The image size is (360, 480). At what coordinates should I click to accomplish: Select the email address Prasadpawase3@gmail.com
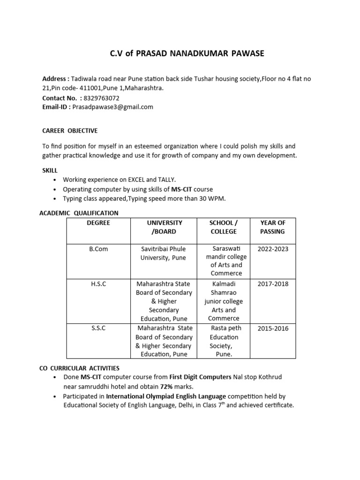pyautogui.click(x=113, y=107)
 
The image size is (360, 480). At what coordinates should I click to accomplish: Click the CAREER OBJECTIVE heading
pyautogui.click(x=70, y=130)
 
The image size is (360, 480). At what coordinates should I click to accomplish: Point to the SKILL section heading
pyautogui.click(x=50, y=171)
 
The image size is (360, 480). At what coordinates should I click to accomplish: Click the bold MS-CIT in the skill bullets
pyautogui.click(x=175, y=189)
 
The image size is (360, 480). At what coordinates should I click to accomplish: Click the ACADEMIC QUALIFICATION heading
pyautogui.click(x=79, y=213)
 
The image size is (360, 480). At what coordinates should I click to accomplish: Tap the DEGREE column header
pyautogui.click(x=98, y=223)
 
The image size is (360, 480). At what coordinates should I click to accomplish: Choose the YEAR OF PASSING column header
pyautogui.click(x=272, y=227)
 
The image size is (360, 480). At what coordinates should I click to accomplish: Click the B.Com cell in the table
pyautogui.click(x=98, y=249)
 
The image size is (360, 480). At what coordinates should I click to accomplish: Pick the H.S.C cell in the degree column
pyautogui.click(x=98, y=284)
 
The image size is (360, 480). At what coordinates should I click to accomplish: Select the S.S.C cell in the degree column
pyautogui.click(x=98, y=328)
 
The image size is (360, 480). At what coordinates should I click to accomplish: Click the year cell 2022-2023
pyautogui.click(x=273, y=249)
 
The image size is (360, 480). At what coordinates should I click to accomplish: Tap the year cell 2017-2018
pyautogui.click(x=273, y=284)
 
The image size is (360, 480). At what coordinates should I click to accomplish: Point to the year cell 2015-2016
pyautogui.click(x=273, y=328)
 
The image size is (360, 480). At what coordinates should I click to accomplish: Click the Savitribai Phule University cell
pyautogui.click(x=164, y=253)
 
